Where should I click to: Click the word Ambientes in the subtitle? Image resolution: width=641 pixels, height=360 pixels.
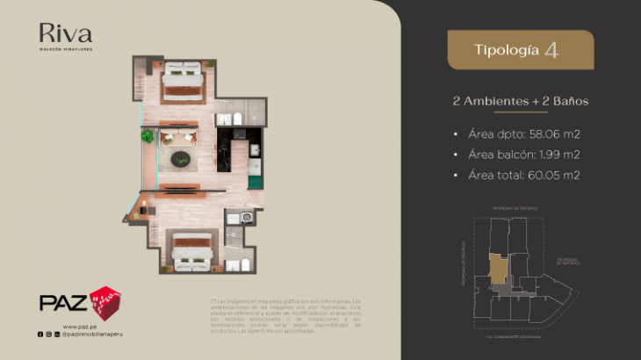pos(498,102)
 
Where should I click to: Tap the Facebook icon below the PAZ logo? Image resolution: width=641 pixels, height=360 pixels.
pos(40,335)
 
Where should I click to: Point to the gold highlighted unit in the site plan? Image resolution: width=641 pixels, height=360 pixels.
pos(498,269)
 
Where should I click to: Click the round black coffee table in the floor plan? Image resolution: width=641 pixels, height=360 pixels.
pos(180,159)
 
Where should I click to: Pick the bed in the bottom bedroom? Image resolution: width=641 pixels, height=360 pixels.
pos(192,249)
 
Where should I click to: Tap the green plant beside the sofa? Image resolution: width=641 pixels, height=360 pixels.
pos(148,136)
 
